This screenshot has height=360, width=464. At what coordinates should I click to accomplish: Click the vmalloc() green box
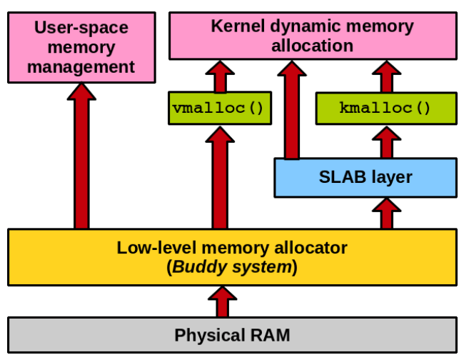click(220, 108)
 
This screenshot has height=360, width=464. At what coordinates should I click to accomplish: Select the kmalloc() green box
click(386, 109)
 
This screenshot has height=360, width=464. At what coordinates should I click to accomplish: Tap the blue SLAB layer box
click(365, 178)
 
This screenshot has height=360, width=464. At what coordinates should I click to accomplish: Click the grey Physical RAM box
click(232, 335)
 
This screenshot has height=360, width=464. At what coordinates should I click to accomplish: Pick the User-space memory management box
click(81, 47)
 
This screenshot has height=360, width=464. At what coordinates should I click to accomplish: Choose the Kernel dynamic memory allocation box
click(313, 36)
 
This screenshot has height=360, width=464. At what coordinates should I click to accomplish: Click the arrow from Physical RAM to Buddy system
click(222, 301)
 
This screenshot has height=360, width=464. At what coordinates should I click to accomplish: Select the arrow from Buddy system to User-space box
click(81, 156)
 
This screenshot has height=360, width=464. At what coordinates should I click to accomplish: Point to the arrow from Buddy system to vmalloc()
click(220, 178)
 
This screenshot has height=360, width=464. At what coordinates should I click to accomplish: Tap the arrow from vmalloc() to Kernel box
click(220, 76)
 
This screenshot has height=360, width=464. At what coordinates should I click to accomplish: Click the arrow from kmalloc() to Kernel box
click(386, 76)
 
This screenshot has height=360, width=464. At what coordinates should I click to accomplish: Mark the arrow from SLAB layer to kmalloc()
click(386, 142)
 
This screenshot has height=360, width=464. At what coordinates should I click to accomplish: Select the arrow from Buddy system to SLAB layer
click(386, 214)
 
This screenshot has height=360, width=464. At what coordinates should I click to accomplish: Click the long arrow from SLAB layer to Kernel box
click(292, 110)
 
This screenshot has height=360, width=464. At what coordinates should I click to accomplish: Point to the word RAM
click(270, 335)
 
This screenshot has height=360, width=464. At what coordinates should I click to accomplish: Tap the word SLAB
click(343, 177)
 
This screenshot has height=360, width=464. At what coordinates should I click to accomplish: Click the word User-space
click(81, 28)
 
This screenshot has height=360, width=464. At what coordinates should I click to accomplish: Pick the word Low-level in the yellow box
click(156, 247)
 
